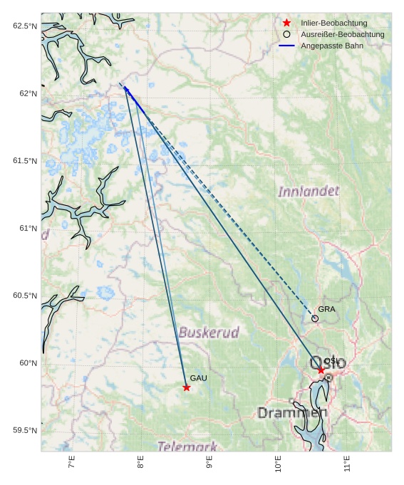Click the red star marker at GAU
point(187,387)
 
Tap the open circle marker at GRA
point(315,318)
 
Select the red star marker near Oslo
point(321,370)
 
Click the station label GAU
point(198,378)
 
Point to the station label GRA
point(326,309)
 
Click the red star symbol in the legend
point(286,24)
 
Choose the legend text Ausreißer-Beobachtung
point(342,34)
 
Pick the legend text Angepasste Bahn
point(331,46)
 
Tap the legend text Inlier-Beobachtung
point(333,24)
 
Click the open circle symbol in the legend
point(286,34)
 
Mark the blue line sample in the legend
point(286,46)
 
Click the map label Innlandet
point(309,192)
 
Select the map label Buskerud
point(209,333)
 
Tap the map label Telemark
point(187,447)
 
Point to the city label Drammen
point(292,413)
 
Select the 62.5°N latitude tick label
point(24,26)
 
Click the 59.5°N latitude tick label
point(24,431)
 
